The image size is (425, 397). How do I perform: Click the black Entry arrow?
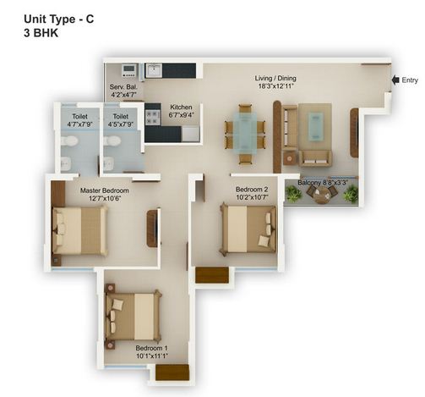(395, 80)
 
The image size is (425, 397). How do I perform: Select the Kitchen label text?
(181, 108)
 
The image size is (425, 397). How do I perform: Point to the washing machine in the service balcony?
(129, 70)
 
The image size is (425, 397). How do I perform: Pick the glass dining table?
(245, 133)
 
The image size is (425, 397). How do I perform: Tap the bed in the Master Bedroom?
(79, 231)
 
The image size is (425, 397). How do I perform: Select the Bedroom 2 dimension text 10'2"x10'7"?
(252, 197)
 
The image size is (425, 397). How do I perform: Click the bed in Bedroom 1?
(133, 316)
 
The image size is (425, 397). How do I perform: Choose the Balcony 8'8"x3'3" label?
(323, 183)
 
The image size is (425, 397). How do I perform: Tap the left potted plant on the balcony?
(293, 194)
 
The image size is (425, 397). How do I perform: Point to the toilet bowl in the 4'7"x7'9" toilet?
(68, 141)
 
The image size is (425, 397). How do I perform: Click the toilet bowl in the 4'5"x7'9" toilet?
(112, 141)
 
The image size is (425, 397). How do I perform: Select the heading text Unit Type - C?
(59, 19)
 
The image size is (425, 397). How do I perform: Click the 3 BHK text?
(41, 33)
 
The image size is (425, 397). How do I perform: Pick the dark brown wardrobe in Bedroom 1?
(172, 372)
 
